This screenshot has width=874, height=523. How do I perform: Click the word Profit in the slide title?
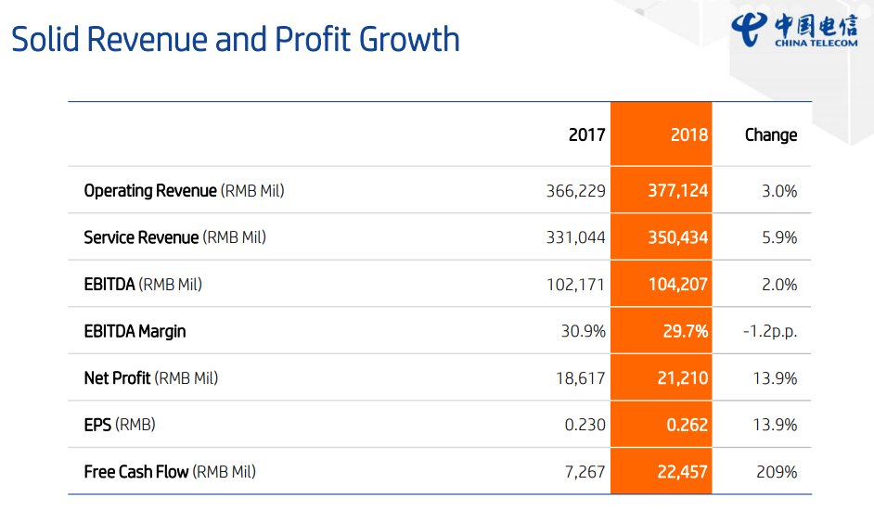tap(313, 40)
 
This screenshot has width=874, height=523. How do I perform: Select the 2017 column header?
tap(586, 134)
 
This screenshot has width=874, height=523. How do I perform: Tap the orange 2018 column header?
tap(688, 134)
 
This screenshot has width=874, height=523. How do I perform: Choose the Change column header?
tap(770, 134)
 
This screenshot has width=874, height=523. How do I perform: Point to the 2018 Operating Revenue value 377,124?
tap(678, 191)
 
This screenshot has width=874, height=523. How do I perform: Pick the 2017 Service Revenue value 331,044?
tap(576, 237)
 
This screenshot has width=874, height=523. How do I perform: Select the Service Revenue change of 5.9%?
tap(779, 237)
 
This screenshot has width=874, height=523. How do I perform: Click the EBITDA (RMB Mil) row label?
tap(143, 285)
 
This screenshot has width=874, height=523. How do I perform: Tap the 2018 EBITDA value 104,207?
tap(678, 285)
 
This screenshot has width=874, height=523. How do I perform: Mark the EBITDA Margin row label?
tap(135, 331)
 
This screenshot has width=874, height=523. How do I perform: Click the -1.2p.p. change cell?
tap(770, 331)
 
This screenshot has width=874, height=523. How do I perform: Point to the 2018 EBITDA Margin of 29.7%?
tap(686, 331)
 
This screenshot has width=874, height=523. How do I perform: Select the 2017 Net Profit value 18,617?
tap(581, 378)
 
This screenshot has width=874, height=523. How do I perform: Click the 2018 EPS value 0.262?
tap(688, 425)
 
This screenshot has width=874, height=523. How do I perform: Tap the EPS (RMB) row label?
tap(120, 425)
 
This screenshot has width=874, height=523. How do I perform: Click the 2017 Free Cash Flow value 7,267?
tap(585, 472)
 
